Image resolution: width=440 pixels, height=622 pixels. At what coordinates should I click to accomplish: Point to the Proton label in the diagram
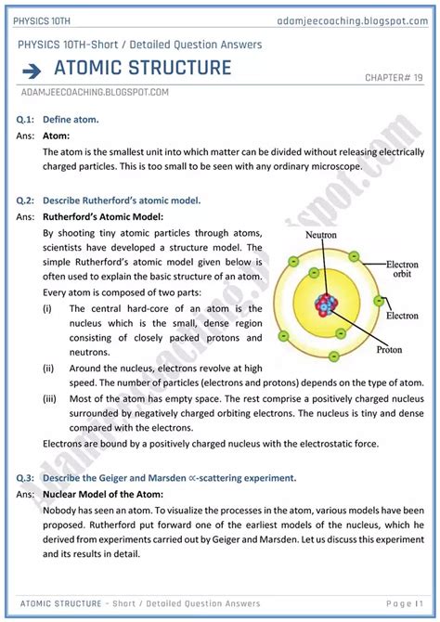tap(389, 350)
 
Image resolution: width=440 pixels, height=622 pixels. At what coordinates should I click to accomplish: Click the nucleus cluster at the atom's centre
tap(328, 304)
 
